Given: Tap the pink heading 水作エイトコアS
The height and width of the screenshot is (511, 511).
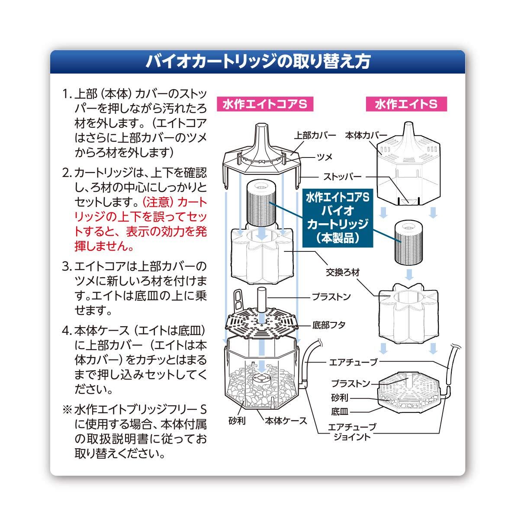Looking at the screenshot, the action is pyautogui.click(x=264, y=105).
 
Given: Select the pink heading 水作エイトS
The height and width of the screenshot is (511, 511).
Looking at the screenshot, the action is pyautogui.click(x=405, y=105).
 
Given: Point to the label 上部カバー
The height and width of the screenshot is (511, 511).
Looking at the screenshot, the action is pyautogui.click(x=315, y=135).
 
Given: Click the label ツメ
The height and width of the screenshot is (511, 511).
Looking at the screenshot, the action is pyautogui.click(x=325, y=156).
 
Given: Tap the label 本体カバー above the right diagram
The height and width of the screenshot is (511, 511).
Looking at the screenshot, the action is pyautogui.click(x=366, y=135).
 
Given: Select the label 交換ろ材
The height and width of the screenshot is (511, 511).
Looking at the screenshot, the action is pyautogui.click(x=344, y=273).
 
